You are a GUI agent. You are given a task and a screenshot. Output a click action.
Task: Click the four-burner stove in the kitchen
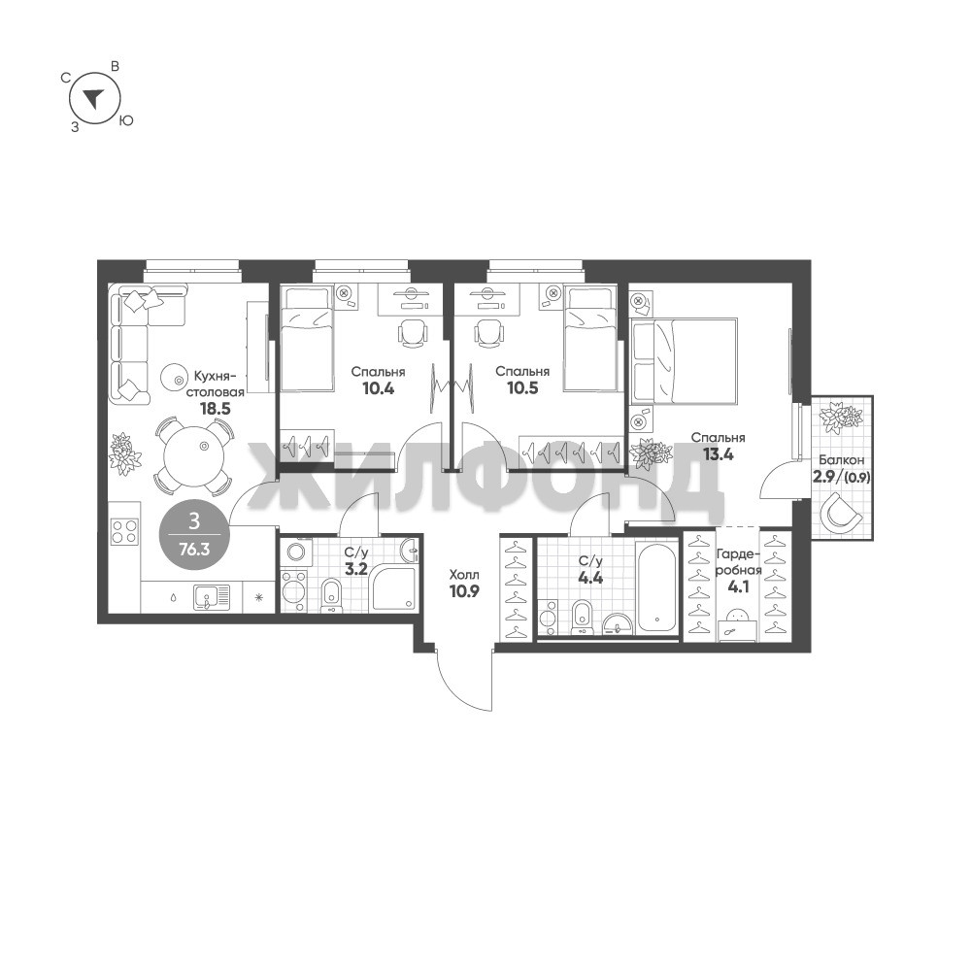pyautogui.click(x=124, y=531)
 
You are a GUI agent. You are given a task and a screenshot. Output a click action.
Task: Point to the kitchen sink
pyautogui.click(x=211, y=597)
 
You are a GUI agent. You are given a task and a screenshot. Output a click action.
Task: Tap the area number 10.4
pyautogui.click(x=378, y=389)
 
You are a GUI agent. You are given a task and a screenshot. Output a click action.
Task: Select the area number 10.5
pyautogui.click(x=522, y=388)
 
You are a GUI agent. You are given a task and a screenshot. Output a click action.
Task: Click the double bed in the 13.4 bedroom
pyautogui.click(x=684, y=360)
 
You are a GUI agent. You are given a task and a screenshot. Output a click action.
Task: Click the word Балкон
pyautogui.click(x=841, y=460)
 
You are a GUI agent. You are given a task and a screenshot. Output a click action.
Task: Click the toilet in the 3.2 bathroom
pyautogui.click(x=331, y=594)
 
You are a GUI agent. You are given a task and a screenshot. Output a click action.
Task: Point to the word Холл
pyautogui.click(x=464, y=575)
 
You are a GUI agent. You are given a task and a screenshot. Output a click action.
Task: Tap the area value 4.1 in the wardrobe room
pyautogui.click(x=738, y=586)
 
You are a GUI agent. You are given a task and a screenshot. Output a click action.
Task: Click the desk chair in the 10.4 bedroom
pyautogui.click(x=412, y=333)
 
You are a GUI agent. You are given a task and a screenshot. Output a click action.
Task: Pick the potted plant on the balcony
pyautogui.click(x=840, y=417)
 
